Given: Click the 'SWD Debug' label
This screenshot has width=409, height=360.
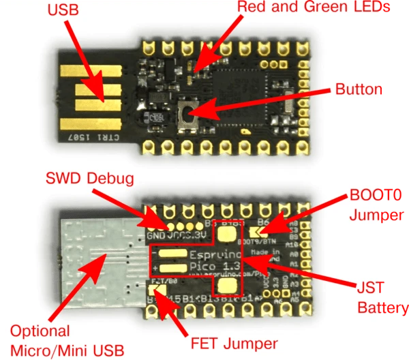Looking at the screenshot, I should click(x=89, y=178).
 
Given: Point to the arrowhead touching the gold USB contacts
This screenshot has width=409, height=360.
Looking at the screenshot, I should click(x=102, y=95).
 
